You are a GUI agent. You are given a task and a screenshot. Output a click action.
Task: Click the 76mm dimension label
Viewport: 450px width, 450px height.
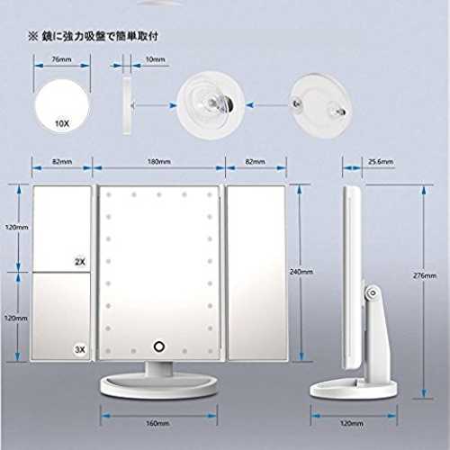tap(61, 59)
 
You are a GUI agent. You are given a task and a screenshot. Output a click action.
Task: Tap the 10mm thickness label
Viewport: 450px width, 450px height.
tap(155, 59)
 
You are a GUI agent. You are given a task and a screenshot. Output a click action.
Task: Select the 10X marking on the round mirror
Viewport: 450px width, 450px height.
tap(62, 123)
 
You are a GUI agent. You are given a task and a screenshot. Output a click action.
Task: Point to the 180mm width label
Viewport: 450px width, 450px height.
tap(159, 162)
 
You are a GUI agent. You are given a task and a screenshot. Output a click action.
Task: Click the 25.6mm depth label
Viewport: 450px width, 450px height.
tap(381, 162)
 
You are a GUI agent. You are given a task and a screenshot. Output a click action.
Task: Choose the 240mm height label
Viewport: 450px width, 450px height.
tap(301, 272)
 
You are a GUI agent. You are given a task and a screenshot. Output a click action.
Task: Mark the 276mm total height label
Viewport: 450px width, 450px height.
tap(425, 275)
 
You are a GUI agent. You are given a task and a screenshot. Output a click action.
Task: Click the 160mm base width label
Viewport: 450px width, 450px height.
tap(157, 423)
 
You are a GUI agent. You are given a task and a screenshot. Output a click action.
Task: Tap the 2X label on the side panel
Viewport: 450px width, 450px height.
tap(80, 262)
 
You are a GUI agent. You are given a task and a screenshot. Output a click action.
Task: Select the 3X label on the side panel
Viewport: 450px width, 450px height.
tap(80, 349)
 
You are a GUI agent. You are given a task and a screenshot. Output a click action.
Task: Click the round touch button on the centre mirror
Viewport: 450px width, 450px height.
tap(159, 346)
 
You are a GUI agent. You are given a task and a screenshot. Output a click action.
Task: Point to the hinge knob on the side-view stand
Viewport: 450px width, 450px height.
tap(373, 292)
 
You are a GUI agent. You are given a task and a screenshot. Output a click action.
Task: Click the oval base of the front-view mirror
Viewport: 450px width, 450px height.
tap(158, 387)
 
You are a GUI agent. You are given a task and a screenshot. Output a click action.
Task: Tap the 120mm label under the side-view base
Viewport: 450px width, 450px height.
tap(352, 423)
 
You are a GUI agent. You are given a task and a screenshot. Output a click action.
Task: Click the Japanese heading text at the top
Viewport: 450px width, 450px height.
tap(93, 36)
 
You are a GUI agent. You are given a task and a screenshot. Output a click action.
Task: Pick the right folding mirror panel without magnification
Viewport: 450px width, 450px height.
tap(256, 273)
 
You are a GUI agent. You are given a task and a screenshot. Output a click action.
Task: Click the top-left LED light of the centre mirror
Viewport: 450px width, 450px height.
tap(109, 194)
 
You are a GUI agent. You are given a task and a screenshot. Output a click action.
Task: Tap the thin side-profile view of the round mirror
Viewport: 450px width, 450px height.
tap(127, 104)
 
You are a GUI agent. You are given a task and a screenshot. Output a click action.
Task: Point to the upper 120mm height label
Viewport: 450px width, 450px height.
tap(17, 227)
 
